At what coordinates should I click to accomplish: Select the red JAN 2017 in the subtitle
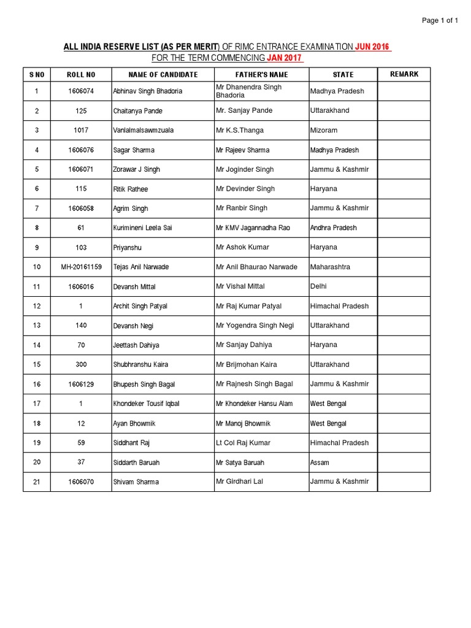point(285,58)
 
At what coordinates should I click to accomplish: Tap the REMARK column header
point(404,74)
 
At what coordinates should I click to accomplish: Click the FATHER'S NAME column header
point(261,75)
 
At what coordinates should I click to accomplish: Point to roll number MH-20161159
point(81,267)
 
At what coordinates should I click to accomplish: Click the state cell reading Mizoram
point(324,131)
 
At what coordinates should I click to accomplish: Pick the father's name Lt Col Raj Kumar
point(243,443)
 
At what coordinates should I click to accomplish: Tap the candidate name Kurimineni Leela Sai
point(142,228)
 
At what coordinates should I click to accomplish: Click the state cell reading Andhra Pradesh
point(334,228)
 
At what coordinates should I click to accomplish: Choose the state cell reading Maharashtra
point(331,267)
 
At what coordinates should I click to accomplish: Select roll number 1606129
point(81,385)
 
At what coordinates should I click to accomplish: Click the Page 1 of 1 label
point(440,20)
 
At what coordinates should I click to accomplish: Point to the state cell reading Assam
point(320,462)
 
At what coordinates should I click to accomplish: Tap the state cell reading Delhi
point(319,286)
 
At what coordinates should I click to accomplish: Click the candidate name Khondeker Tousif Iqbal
point(147,404)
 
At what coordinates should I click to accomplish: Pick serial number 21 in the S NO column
point(37,482)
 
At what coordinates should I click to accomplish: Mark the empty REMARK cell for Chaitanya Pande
point(404,111)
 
